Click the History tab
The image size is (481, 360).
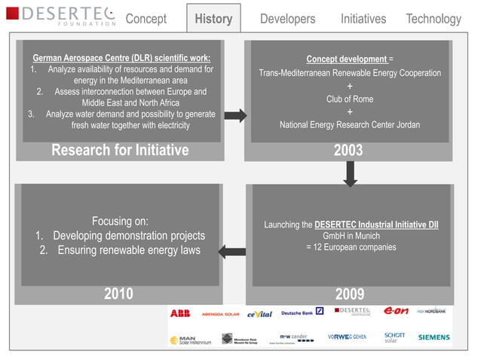(x=213, y=19)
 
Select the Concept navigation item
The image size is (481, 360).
(x=146, y=19)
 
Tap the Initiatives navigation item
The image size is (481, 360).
(x=363, y=19)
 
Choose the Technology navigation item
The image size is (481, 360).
(x=433, y=19)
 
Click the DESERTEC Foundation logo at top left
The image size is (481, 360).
(x=63, y=16)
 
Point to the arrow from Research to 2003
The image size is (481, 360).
(x=235, y=115)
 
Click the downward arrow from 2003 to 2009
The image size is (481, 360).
(x=350, y=173)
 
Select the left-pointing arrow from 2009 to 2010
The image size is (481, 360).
(x=235, y=252)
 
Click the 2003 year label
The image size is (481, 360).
(x=348, y=151)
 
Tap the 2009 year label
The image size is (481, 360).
(x=349, y=294)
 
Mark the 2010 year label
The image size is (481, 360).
(x=118, y=294)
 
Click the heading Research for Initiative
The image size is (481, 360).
(x=120, y=151)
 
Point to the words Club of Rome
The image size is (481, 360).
(x=349, y=99)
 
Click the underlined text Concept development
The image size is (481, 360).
(x=347, y=59)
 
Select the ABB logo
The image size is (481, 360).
(x=180, y=313)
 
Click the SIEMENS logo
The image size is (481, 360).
(x=434, y=337)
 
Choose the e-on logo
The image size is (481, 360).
(x=396, y=311)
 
